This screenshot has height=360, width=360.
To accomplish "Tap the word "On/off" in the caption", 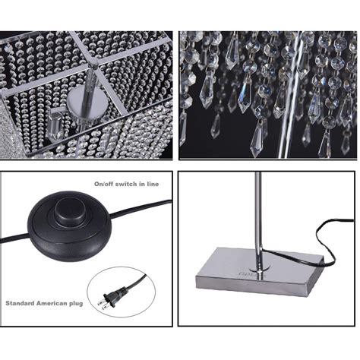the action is click(x=104, y=184).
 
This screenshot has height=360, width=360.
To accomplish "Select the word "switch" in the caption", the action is click(x=125, y=184).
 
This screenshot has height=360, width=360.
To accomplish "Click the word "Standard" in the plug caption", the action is click(x=20, y=303).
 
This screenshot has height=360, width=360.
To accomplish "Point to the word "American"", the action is click(x=52, y=303).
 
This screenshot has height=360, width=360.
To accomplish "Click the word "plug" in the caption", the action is click(x=76, y=304).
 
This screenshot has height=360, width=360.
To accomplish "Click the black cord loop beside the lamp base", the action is click(x=326, y=243).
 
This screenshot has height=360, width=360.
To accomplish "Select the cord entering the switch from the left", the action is click(x=16, y=238).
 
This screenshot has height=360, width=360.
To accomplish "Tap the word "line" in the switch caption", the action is click(x=153, y=184).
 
